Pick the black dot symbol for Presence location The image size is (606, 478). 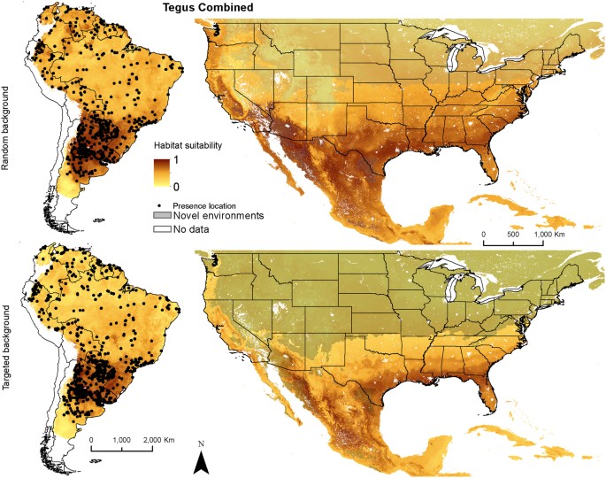157,204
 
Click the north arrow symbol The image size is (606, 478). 202,462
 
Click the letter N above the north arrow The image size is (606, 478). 202,443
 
